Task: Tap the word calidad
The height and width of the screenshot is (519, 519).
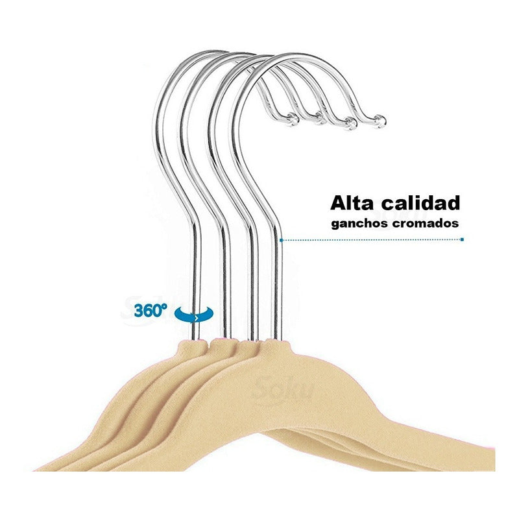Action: coord(423,203)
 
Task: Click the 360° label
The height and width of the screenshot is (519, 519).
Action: coord(151,310)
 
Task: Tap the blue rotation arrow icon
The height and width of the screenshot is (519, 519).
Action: coord(195,315)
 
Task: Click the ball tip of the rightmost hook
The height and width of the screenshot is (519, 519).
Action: coord(381,120)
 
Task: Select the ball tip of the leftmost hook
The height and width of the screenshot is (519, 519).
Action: coord(292,118)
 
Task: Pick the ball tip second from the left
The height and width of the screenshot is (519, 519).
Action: coord(321,119)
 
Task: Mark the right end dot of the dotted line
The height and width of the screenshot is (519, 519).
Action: coord(462,239)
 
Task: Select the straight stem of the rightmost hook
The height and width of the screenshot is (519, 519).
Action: coord(278,285)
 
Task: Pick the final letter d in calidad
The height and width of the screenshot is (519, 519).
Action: coord(453,203)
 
